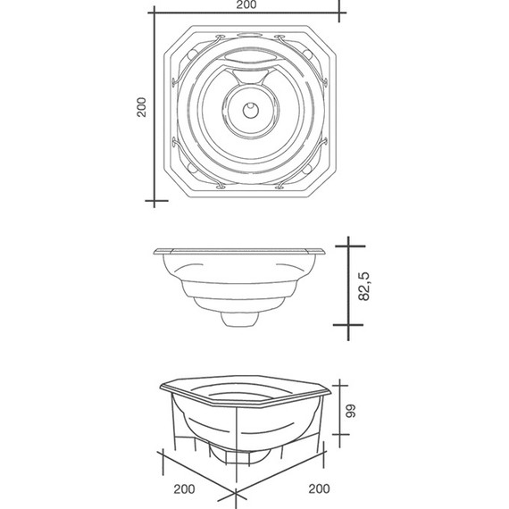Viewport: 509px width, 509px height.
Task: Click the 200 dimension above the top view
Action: (x=246, y=4)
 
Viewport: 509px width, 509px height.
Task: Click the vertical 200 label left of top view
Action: (x=141, y=107)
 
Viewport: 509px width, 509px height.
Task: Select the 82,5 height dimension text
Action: (x=364, y=287)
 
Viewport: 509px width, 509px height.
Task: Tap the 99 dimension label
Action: (x=351, y=411)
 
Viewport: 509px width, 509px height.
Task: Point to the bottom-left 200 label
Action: (x=184, y=489)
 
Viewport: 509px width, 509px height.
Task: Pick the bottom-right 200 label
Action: (x=319, y=488)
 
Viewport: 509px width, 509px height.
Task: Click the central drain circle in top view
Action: (x=251, y=110)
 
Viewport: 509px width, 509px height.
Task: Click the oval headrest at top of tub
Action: (x=249, y=35)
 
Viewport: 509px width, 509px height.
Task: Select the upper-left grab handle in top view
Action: (x=195, y=58)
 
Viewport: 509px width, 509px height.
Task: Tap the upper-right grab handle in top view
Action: (x=304, y=58)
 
